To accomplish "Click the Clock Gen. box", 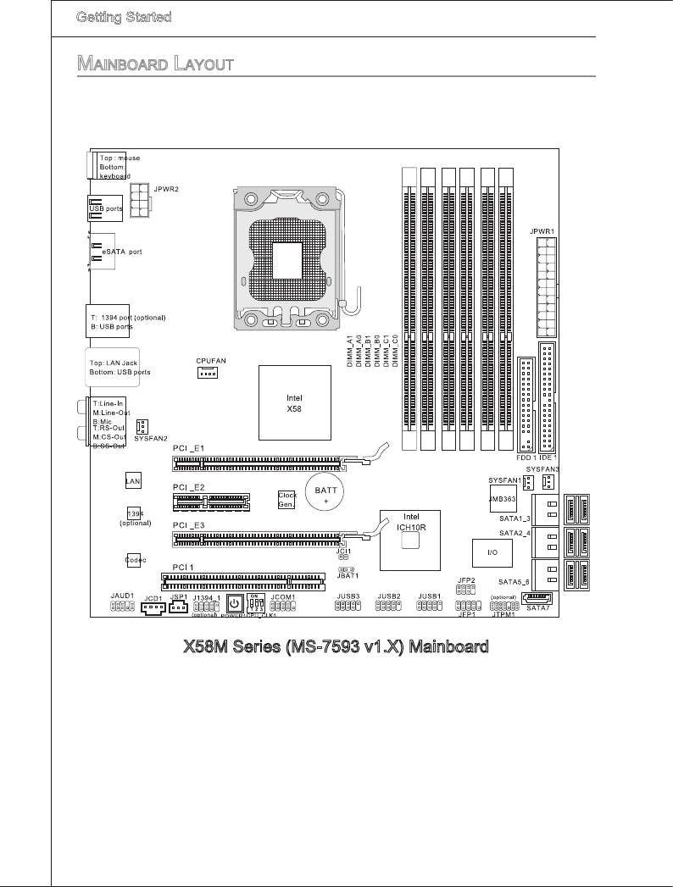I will tap(286, 499).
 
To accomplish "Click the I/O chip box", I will tap(490, 552).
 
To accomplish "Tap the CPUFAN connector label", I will tap(211, 360).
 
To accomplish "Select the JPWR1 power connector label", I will tap(542, 230).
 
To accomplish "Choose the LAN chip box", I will tap(132, 480).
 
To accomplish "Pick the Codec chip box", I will tap(134, 560).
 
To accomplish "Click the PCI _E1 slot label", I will tap(187, 446).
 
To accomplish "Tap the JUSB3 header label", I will tap(348, 596).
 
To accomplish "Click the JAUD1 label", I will tap(123, 596).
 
